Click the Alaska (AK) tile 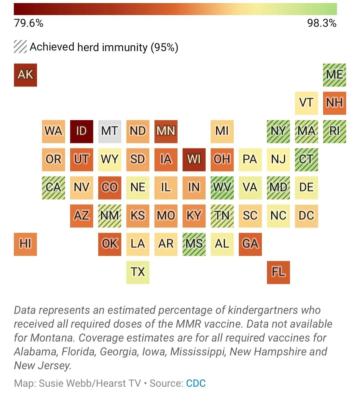(25, 75)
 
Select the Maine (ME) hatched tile (334, 75)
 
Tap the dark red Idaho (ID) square (82, 131)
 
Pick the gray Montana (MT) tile (110, 131)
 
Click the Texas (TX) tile (138, 272)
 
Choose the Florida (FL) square (278, 272)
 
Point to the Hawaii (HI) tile (25, 244)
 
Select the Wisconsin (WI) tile (194, 159)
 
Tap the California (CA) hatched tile (53, 187)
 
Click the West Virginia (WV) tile (222, 187)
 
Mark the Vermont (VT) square (306, 103)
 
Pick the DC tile (306, 216)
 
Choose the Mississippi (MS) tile (194, 244)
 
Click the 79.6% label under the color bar (28, 23)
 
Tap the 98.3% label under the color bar (322, 23)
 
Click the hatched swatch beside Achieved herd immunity (20, 47)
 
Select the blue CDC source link (196, 383)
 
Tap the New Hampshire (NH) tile (334, 103)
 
